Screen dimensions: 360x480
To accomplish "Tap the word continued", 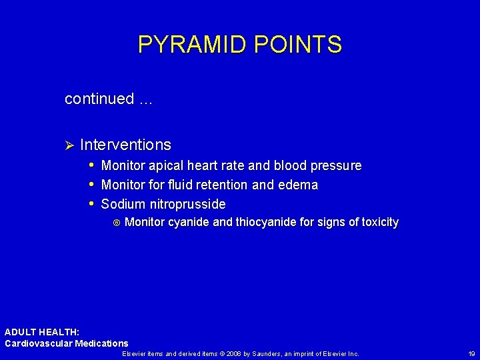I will [x=99, y=99].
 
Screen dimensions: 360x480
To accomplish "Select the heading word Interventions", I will [x=125, y=145].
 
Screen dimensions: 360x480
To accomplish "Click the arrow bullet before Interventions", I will [x=69, y=145].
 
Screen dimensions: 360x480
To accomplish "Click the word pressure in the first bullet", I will [x=337, y=165].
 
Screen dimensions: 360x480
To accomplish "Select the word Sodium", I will [x=123, y=204].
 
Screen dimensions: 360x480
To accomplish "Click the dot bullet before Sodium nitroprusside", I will [x=91, y=203].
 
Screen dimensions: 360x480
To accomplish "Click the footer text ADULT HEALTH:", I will [x=42, y=332].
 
